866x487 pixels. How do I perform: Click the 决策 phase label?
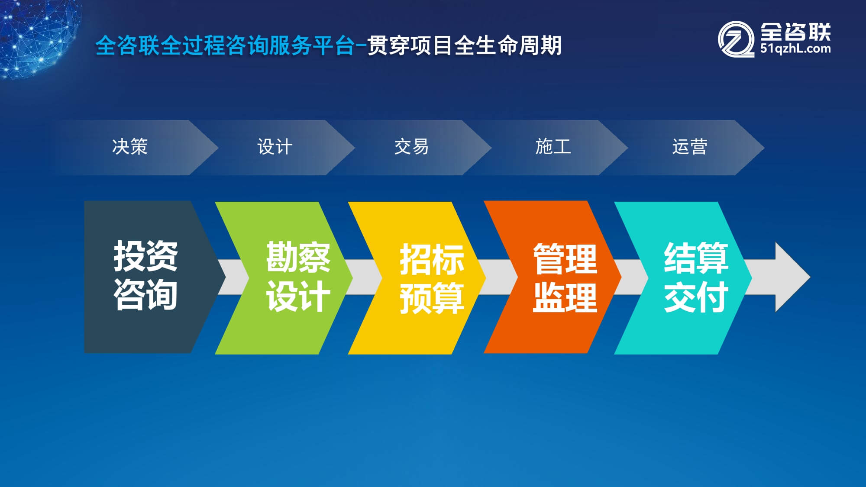130,147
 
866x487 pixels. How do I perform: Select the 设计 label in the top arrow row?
275,147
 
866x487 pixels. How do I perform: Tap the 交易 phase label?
411,147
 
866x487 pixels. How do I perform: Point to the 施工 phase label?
553,147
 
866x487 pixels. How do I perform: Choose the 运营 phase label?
690,147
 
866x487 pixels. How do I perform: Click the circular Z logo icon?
736,39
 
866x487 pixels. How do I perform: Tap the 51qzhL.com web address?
795,48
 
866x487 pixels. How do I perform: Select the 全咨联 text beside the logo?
795,32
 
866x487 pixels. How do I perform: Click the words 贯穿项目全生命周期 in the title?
465,45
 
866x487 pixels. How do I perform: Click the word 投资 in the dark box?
145,256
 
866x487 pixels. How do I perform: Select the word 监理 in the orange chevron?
565,297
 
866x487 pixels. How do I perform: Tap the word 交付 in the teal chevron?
696,297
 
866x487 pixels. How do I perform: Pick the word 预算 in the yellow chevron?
432,298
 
